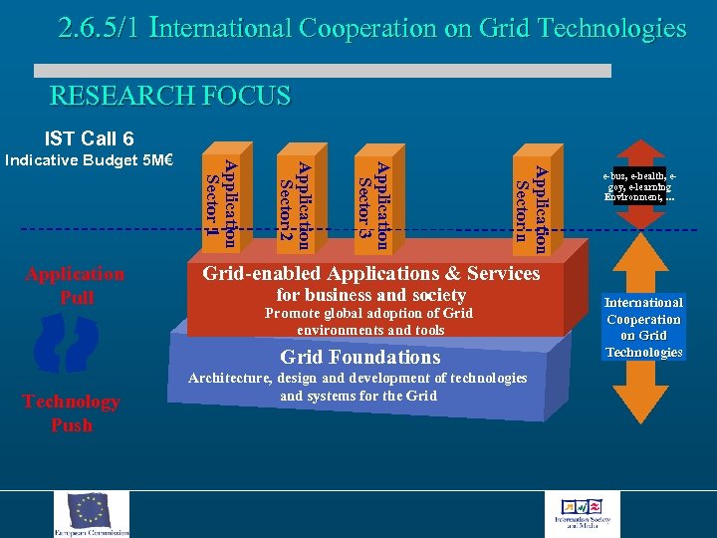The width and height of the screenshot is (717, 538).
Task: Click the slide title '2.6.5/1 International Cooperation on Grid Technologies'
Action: tap(371, 28)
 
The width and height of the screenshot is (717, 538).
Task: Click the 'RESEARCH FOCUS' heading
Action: tap(170, 97)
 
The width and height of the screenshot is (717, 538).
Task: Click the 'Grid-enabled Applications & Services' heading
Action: tap(371, 273)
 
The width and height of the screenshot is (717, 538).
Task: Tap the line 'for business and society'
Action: tap(371, 295)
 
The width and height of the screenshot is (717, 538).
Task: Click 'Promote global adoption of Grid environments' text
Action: tap(369, 322)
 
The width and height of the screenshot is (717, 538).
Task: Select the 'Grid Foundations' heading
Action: tap(359, 357)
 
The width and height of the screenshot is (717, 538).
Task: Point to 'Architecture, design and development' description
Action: tap(358, 387)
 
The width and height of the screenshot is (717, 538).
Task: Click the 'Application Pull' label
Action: tap(76, 285)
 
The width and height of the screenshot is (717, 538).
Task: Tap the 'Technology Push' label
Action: tap(71, 412)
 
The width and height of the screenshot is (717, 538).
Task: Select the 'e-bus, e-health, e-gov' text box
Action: tap(641, 185)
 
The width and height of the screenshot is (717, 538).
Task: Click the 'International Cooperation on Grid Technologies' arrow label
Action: tap(643, 327)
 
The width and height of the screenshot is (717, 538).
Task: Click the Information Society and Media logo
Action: tap(589, 514)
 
